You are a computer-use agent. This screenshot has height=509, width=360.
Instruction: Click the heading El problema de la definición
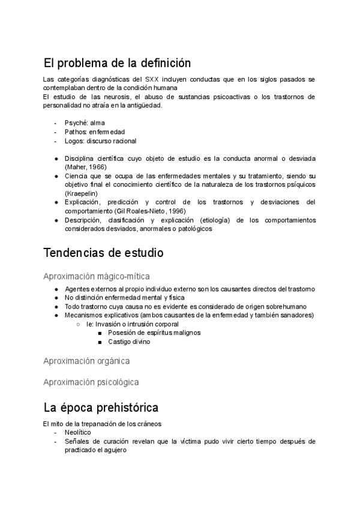(117, 62)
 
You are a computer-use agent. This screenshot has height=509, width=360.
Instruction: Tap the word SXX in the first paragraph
(155, 79)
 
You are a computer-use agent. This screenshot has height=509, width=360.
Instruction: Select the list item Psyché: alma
(85, 123)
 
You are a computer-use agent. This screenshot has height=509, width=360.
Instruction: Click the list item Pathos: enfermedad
(95, 132)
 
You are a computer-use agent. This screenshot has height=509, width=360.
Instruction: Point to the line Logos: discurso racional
(100, 141)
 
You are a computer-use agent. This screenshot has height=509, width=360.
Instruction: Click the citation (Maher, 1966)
(86, 167)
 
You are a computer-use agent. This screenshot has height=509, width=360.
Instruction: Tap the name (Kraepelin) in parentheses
(81, 193)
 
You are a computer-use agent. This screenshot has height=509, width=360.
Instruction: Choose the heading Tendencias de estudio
(104, 253)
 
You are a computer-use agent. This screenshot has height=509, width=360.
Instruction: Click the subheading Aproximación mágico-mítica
(97, 276)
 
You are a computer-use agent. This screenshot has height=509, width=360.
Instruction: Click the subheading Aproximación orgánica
(86, 361)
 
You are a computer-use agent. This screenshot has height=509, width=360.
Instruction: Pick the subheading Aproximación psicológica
(91, 382)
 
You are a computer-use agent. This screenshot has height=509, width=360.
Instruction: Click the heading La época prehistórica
(101, 408)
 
